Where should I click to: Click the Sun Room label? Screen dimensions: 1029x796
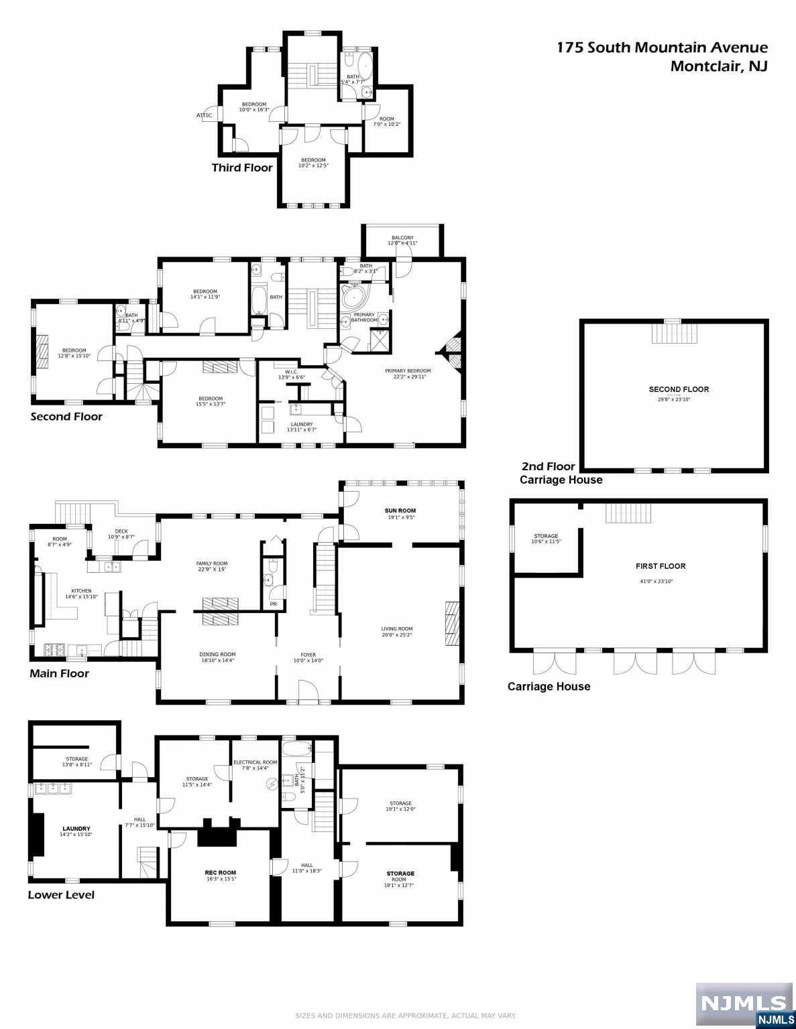(x=400, y=511)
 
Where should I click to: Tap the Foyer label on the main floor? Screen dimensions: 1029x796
(x=308, y=655)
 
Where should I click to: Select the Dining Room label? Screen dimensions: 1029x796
(x=217, y=655)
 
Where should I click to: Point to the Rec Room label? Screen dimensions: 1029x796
(x=221, y=873)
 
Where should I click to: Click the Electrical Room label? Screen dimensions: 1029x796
(x=255, y=762)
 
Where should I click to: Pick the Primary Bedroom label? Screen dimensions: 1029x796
(x=408, y=370)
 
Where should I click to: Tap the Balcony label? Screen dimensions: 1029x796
(x=402, y=238)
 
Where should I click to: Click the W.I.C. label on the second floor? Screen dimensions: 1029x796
(x=290, y=372)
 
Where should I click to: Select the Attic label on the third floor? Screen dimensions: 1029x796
(x=204, y=115)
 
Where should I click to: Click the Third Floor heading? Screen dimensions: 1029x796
(x=242, y=167)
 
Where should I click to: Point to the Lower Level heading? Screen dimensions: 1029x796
(x=61, y=895)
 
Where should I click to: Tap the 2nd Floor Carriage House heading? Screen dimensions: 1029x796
(x=561, y=473)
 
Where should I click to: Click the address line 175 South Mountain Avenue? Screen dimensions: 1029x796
(x=663, y=47)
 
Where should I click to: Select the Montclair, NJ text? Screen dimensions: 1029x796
(x=719, y=66)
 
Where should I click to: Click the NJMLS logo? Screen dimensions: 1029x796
(x=744, y=1004)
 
